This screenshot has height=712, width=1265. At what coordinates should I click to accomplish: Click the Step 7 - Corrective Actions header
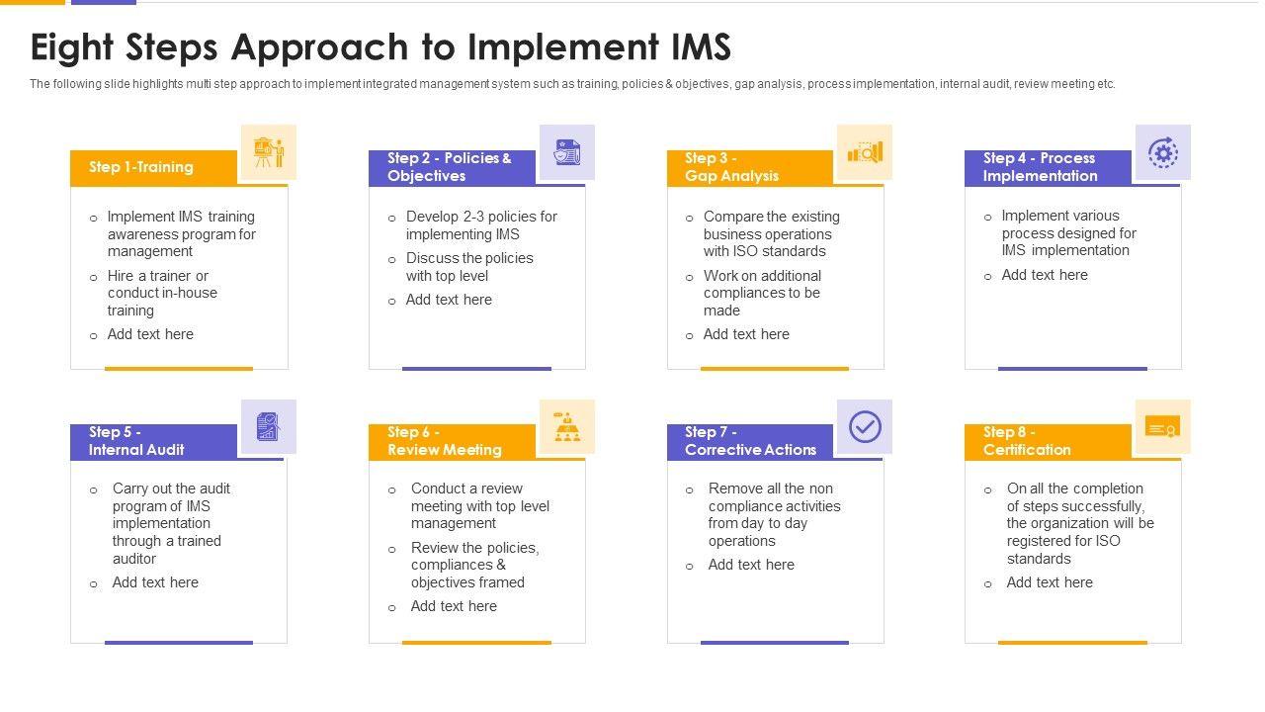[750, 441]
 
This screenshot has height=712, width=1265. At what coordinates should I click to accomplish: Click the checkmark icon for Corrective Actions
[865, 427]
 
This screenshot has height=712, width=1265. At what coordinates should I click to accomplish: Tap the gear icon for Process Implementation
[1162, 152]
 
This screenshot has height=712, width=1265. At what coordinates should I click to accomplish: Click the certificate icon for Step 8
[1162, 427]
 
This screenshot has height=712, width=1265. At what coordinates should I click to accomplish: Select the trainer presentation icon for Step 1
[269, 152]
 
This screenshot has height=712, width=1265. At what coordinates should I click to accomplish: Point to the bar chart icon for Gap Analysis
[865, 152]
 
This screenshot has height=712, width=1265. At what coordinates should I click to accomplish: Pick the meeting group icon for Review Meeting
[567, 427]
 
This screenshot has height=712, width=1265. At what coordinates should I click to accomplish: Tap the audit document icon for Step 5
[269, 427]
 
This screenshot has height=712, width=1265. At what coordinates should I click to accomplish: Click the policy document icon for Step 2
[567, 152]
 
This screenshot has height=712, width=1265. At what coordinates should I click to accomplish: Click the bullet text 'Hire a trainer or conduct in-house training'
[162, 293]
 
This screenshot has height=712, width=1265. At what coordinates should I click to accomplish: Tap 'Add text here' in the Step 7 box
[751, 565]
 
